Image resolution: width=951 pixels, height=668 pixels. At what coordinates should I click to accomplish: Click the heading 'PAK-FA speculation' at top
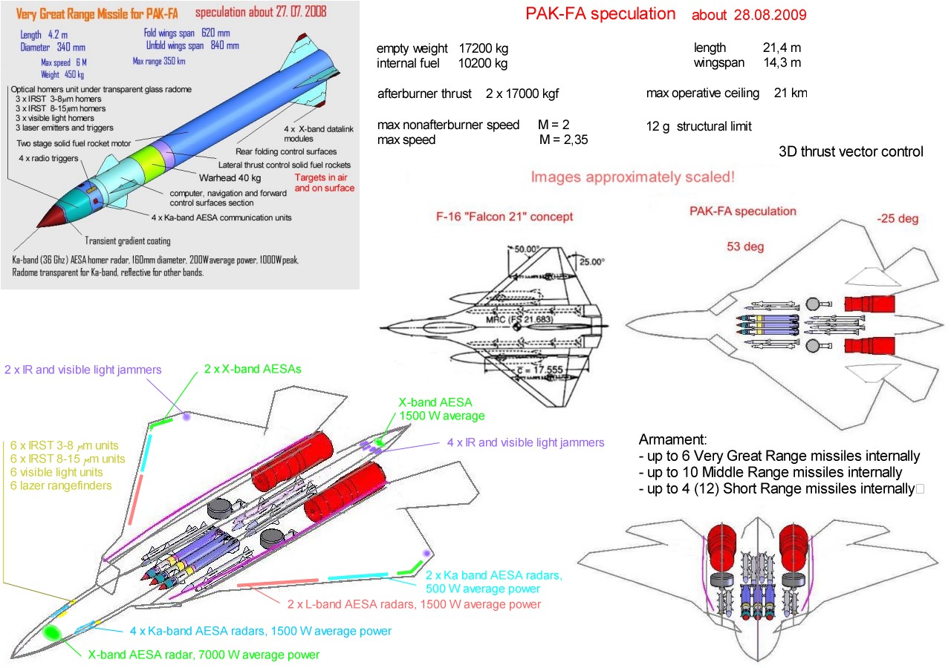[600, 14]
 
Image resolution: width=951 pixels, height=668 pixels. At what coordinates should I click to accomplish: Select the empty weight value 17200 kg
[483, 48]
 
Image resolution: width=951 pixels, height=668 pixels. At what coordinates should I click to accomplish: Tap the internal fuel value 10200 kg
[483, 64]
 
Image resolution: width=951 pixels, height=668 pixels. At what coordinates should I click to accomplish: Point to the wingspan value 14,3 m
[782, 63]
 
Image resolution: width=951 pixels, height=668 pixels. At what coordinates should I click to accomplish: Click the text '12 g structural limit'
[699, 127]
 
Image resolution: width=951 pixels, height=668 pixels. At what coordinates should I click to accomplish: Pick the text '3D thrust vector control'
[851, 152]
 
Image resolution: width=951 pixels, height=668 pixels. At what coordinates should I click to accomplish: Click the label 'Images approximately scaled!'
[633, 178]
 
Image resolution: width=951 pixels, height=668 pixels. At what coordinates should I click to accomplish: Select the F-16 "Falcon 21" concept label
[504, 217]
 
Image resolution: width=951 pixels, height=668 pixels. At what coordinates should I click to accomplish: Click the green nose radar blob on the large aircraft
[52, 632]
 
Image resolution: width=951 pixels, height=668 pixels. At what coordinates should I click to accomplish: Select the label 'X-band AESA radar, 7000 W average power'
[204, 655]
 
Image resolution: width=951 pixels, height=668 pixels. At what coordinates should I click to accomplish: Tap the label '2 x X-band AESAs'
[253, 369]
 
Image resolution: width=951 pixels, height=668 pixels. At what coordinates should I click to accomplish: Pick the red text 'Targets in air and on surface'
[325, 183]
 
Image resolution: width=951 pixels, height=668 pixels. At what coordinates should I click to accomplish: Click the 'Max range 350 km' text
[159, 62]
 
